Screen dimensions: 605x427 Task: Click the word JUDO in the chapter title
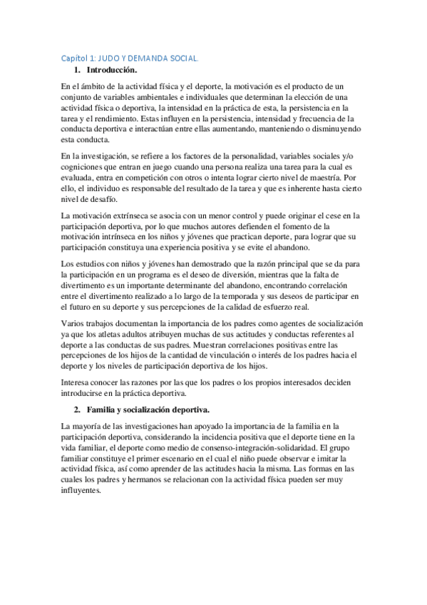click(x=107, y=59)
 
